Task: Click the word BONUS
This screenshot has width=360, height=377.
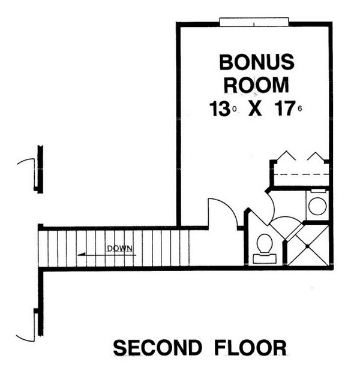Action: pyautogui.click(x=257, y=62)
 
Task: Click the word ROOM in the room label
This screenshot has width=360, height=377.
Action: pyautogui.click(x=257, y=85)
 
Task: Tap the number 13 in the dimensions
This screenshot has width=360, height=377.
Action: pyautogui.click(x=219, y=109)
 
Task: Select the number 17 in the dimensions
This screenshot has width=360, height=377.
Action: pyautogui.click(x=285, y=109)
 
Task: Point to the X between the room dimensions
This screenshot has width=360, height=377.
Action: pyautogui.click(x=255, y=109)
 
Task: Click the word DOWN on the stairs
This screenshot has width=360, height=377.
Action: pyautogui.click(x=119, y=248)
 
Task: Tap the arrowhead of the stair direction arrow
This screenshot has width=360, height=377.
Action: pyautogui.click(x=81, y=254)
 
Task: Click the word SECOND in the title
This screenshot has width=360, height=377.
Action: pyautogui.click(x=157, y=348)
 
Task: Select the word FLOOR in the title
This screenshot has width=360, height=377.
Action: pyautogui.click(x=250, y=348)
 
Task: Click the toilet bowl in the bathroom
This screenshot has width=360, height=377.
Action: pyautogui.click(x=265, y=243)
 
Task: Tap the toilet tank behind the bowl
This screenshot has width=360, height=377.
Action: pyautogui.click(x=265, y=258)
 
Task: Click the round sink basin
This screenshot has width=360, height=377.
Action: pyautogui.click(x=317, y=206)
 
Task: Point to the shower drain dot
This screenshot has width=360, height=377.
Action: pyautogui.click(x=307, y=246)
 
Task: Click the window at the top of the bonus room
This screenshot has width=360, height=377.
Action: pyautogui.click(x=254, y=22)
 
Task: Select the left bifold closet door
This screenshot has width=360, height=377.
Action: pyautogui.click(x=286, y=156)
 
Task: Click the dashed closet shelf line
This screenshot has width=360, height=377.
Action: pyautogui.click(x=302, y=174)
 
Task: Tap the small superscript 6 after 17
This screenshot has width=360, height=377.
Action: pyautogui.click(x=299, y=109)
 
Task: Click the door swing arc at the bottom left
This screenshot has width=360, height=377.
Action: pyautogui.click(x=24, y=338)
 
